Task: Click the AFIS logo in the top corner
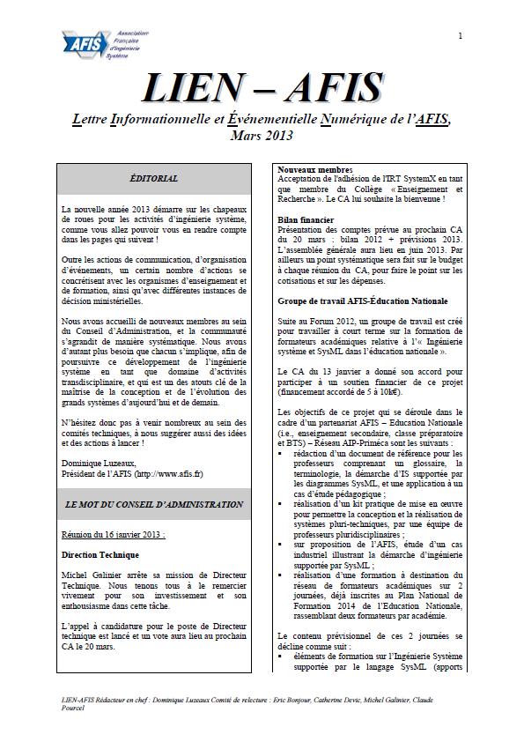click(x=94, y=41)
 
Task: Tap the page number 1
click(x=460, y=35)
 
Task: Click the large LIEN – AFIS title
click(x=262, y=86)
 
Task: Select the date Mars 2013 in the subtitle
click(x=262, y=136)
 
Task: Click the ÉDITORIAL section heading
click(x=153, y=178)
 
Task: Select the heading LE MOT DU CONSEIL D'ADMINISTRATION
click(x=153, y=505)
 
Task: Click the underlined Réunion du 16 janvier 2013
click(x=113, y=534)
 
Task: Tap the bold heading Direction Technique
click(x=100, y=556)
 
